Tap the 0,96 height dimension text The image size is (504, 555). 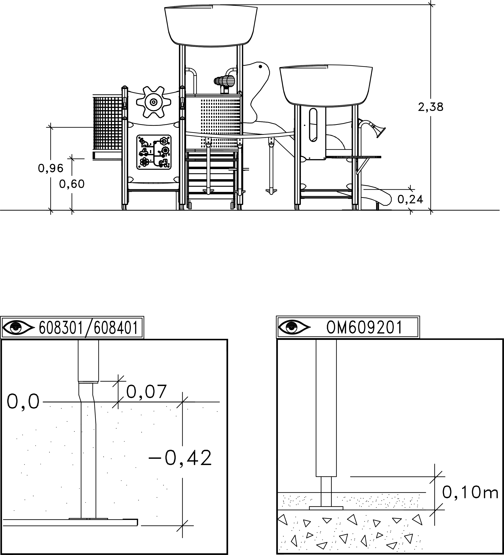click(x=51, y=168)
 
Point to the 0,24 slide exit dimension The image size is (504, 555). click(x=410, y=200)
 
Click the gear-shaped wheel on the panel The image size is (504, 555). click(x=154, y=102)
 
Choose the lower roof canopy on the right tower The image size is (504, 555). click(x=326, y=86)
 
